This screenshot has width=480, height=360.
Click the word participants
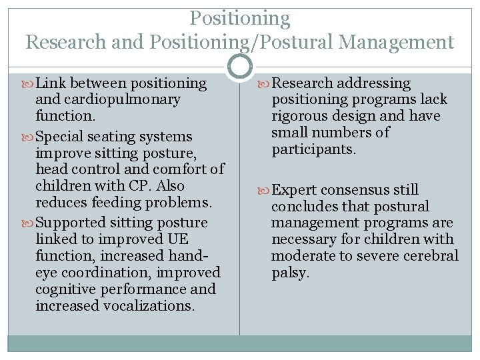coord(313,149)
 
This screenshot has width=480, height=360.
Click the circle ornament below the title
coord(240,66)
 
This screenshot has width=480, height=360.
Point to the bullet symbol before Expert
coord(265,191)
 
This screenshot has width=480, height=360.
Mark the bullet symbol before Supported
coord(30,223)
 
